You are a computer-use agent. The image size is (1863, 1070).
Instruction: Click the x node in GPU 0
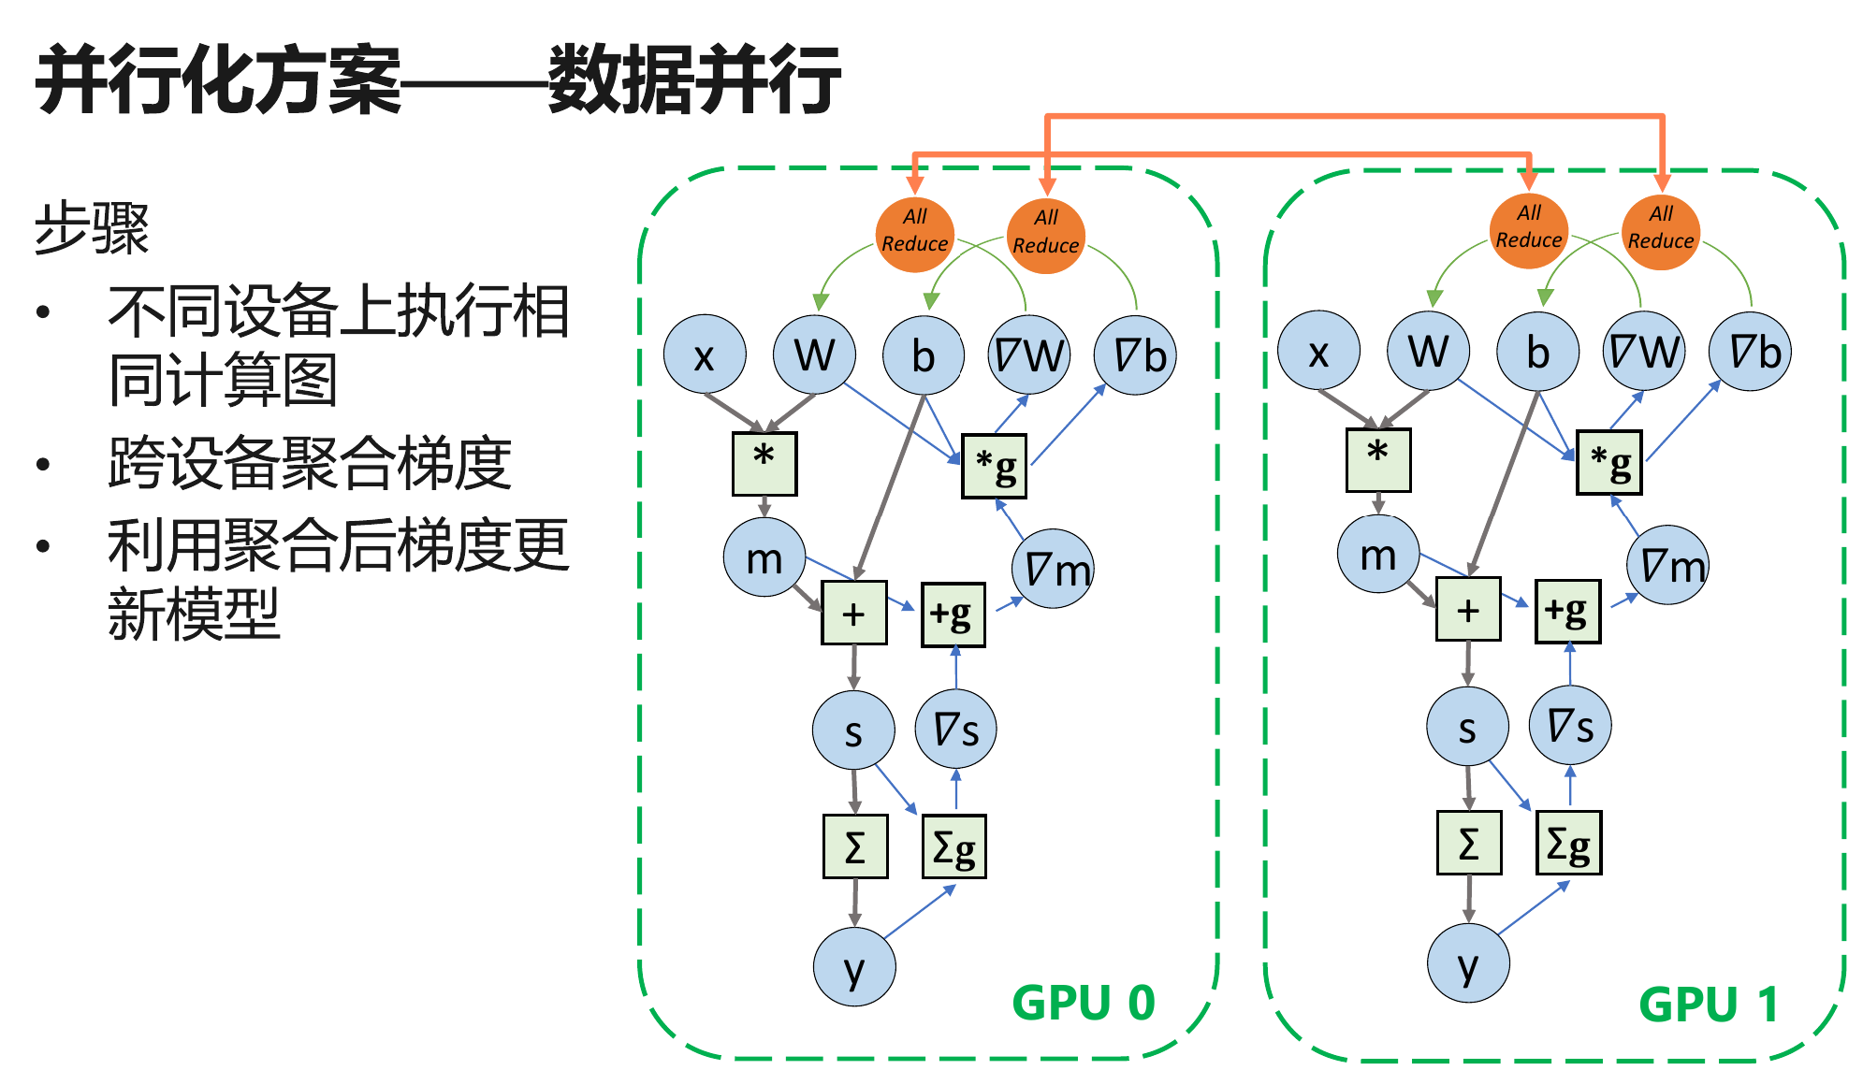pyautogui.click(x=705, y=355)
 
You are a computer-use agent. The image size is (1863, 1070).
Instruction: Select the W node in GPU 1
pyautogui.click(x=1429, y=352)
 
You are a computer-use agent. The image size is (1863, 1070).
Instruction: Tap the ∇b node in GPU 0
pyautogui.click(x=1135, y=355)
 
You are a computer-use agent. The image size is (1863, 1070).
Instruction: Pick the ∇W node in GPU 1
pyautogui.click(x=1643, y=352)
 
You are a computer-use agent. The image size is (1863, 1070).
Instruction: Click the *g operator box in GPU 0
pyautogui.click(x=994, y=466)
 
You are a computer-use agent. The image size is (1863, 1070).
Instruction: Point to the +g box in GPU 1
pyautogui.click(x=1567, y=612)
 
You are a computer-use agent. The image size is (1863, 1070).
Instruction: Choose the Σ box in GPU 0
pyautogui.click(x=855, y=846)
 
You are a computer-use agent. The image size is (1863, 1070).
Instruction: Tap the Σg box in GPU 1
pyautogui.click(x=1568, y=843)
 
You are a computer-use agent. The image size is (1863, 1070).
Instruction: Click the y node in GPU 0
pyautogui.click(x=854, y=967)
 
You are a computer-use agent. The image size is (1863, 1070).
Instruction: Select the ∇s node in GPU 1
pyautogui.click(x=1570, y=725)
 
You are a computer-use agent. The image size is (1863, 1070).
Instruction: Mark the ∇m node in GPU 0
pyautogui.click(x=1054, y=569)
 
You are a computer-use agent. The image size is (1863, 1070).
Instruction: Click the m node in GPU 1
pyautogui.click(x=1378, y=555)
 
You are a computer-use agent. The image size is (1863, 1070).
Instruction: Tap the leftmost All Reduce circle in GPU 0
pyautogui.click(x=914, y=234)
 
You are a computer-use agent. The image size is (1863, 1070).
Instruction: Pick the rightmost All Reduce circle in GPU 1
pyautogui.click(x=1661, y=231)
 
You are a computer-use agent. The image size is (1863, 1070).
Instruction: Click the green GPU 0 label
pyautogui.click(x=1084, y=1003)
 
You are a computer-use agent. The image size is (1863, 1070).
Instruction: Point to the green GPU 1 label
pyautogui.click(x=1709, y=1005)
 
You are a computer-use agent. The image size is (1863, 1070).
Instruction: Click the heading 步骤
pyautogui.click(x=92, y=228)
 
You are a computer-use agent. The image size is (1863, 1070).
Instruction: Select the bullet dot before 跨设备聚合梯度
pyautogui.click(x=43, y=464)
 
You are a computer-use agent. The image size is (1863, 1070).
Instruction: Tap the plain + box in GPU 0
pyautogui.click(x=853, y=614)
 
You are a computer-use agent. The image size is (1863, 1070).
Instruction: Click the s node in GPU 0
pyautogui.click(x=853, y=730)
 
